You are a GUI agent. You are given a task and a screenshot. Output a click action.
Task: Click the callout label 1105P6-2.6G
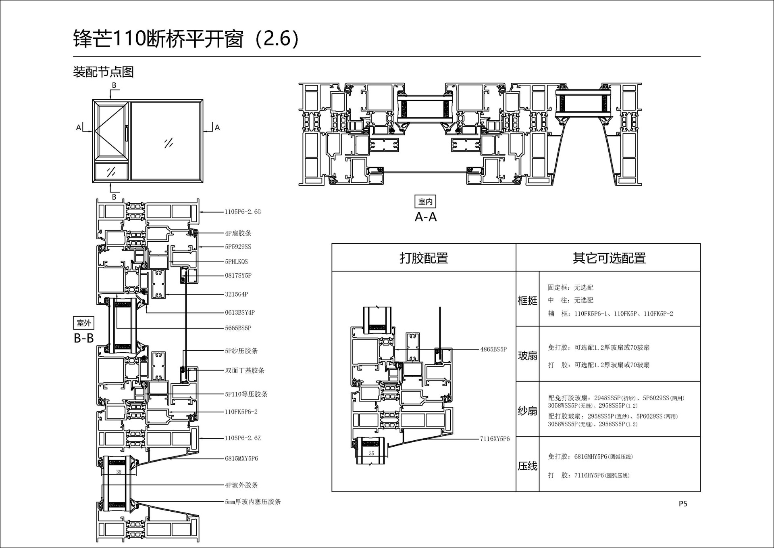(243, 212)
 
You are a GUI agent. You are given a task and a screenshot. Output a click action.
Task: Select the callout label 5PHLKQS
(237, 261)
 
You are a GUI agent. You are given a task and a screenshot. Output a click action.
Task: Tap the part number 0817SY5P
(238, 276)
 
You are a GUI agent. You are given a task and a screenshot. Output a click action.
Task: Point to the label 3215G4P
(237, 294)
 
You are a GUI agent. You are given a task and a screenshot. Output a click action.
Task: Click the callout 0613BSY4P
(240, 312)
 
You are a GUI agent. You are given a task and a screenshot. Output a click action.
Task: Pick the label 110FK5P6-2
(241, 412)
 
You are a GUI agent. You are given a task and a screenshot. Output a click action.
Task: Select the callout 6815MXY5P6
(241, 458)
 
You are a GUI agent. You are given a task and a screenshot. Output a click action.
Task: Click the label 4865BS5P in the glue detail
(493, 349)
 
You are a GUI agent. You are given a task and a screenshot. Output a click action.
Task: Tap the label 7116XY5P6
(495, 439)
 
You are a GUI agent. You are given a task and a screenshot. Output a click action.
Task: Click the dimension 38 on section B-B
(119, 472)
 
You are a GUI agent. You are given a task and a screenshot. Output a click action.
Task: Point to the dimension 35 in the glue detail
(371, 454)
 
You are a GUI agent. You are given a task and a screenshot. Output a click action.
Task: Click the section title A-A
(426, 217)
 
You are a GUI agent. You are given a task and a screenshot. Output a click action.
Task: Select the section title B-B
(84, 338)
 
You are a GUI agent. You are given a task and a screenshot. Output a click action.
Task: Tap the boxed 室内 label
(425, 201)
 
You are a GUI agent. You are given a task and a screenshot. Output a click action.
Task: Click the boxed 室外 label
(84, 323)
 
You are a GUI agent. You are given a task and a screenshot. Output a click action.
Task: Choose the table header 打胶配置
(424, 258)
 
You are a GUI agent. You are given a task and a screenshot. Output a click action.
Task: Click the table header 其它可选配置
(609, 258)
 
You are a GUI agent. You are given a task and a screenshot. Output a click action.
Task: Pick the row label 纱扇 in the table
(527, 411)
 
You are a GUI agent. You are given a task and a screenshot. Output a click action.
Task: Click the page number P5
(683, 504)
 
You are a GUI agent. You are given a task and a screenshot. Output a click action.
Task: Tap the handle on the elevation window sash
(126, 133)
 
